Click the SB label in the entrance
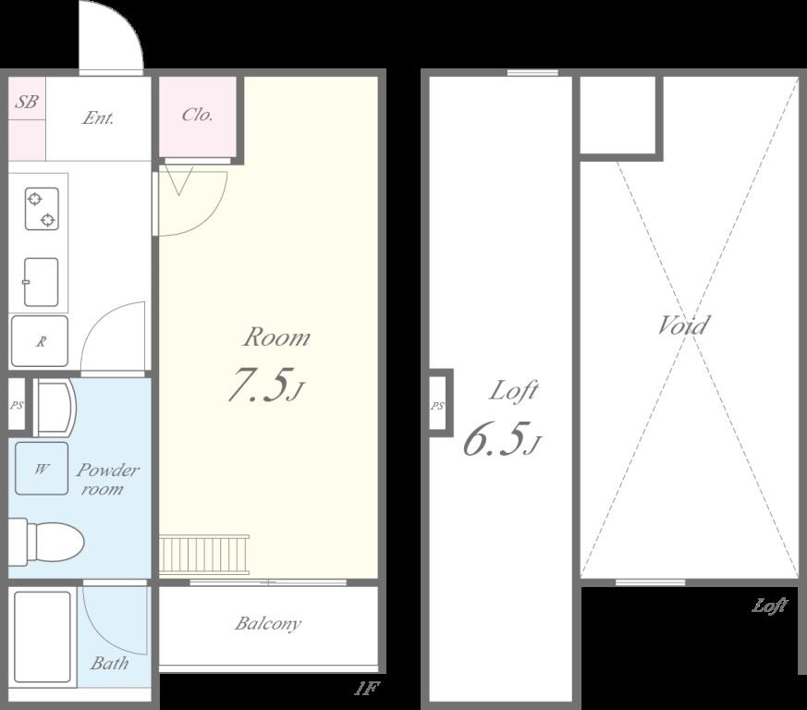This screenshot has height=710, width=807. coord(26,101)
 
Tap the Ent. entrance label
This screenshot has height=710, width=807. coord(98,118)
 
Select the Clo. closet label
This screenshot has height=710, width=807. coord(197,114)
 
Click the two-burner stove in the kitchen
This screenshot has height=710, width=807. coord(42,209)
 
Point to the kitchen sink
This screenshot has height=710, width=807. coord(42,282)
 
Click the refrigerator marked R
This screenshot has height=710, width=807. coord(40,341)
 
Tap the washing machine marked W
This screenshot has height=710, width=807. coord(42,469)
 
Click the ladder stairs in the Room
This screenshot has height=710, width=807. coord(204,555)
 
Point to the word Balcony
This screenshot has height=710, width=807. coord(268,623)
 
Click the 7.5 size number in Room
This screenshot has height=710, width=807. coord(256,384)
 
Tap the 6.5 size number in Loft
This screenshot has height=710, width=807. coord(493,439)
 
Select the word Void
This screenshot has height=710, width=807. coord(684,324)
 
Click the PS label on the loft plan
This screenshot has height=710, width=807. coord(437,406)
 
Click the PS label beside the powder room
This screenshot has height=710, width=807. coord(17,405)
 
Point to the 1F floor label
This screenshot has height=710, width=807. coord(366,689)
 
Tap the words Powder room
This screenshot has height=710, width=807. coord(107,479)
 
